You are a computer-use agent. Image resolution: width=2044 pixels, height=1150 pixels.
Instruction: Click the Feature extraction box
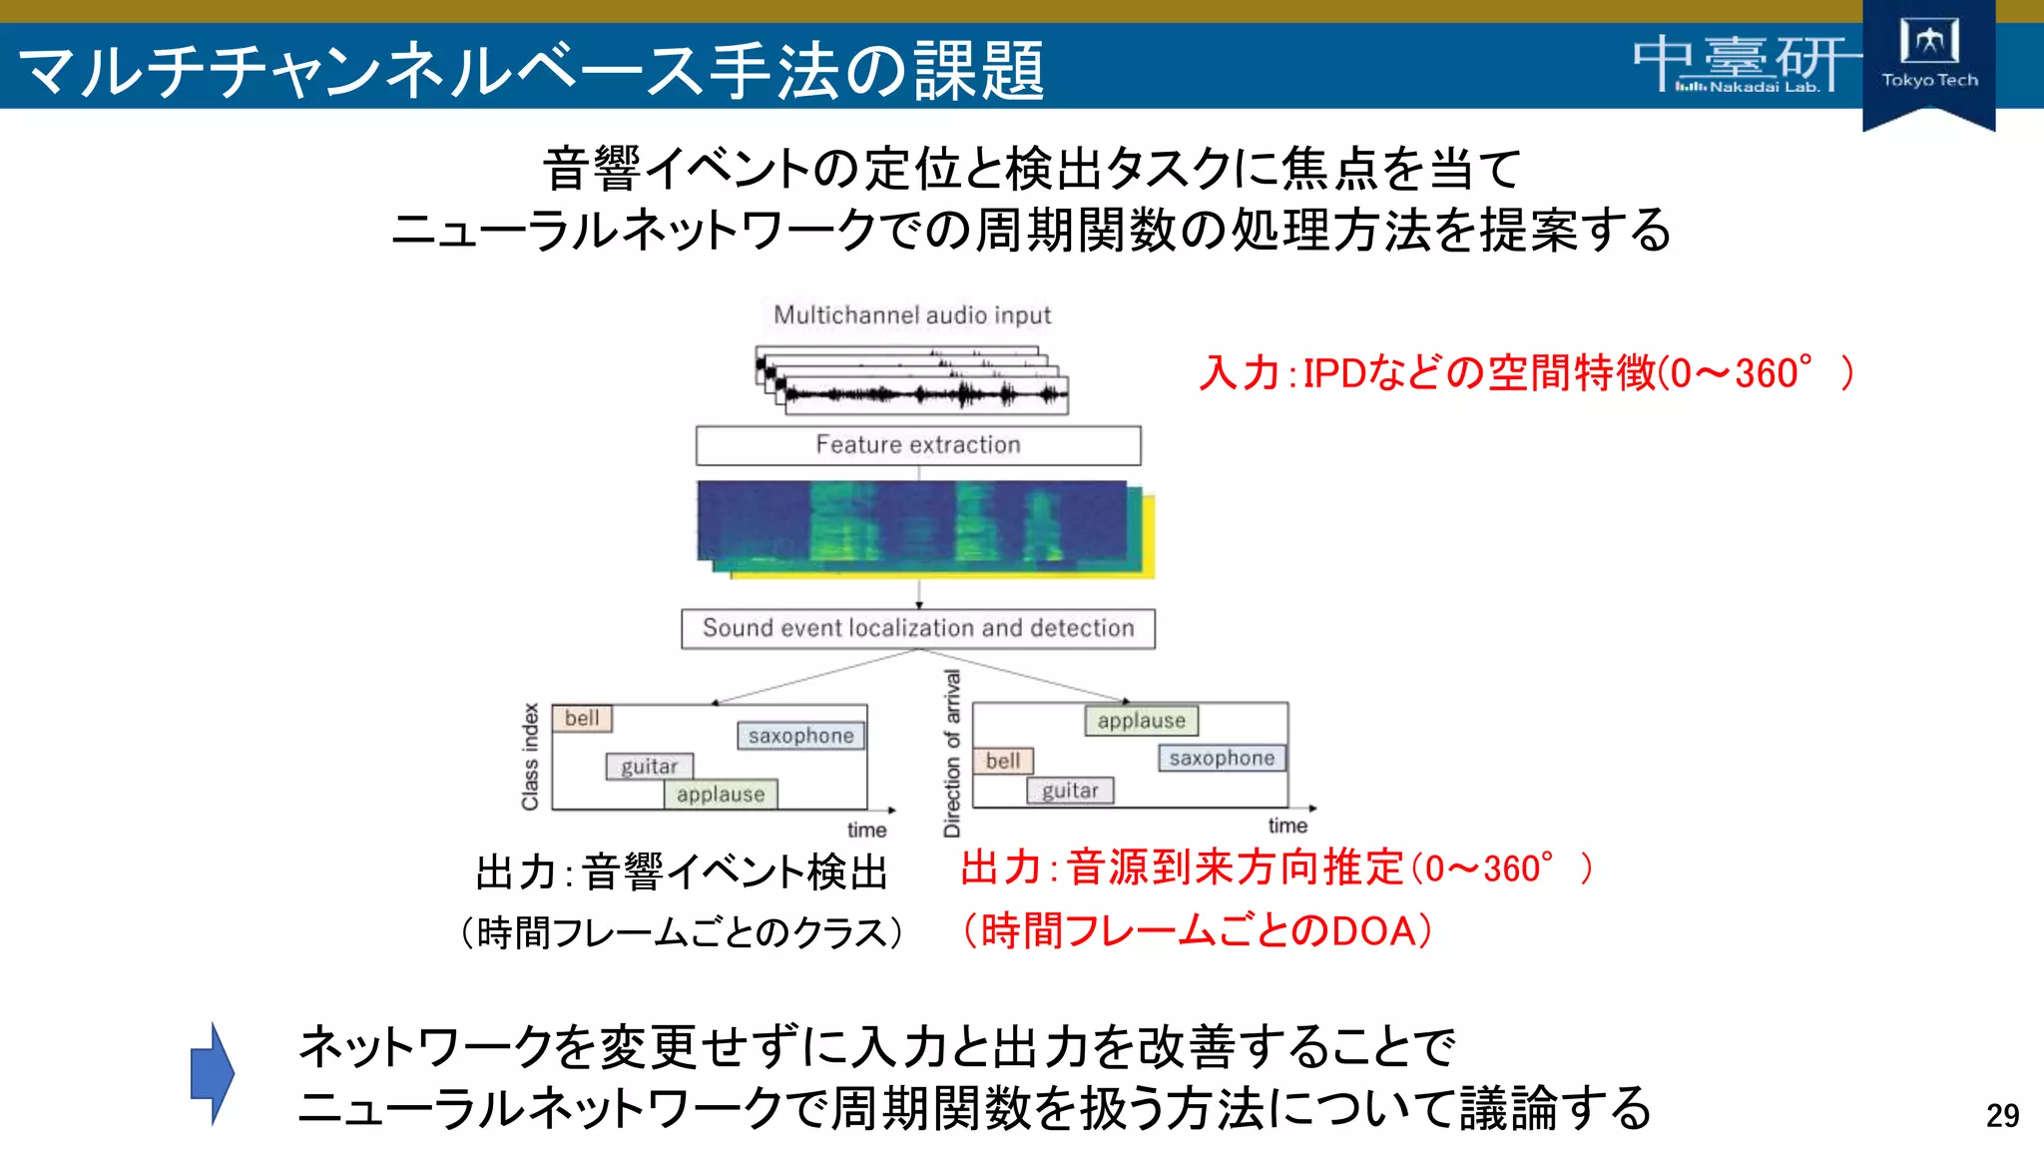coord(918,445)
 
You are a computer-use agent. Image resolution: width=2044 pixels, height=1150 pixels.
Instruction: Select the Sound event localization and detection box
coord(918,629)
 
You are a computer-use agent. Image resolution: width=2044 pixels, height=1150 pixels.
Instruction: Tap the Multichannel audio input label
coord(912,315)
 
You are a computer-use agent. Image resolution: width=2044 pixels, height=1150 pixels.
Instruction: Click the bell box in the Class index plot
coord(582,719)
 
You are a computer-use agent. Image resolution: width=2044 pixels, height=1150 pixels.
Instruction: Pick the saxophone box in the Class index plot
coord(801,736)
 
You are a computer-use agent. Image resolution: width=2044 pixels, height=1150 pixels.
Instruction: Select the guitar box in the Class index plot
coord(649,767)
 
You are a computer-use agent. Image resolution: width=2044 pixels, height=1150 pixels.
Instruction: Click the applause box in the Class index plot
coord(721,795)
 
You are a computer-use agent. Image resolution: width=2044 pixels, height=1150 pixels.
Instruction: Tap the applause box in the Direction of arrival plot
coord(1142,721)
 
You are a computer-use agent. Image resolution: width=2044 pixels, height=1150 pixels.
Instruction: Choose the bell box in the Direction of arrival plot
coord(1003,762)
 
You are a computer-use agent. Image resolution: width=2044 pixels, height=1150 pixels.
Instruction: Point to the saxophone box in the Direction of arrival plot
coord(1222,759)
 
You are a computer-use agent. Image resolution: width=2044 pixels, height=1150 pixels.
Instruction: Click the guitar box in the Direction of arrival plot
coord(1070,791)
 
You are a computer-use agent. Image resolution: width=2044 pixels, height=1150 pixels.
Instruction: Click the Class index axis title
coord(530,756)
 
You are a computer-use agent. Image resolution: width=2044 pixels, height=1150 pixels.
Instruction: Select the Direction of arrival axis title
coord(952,753)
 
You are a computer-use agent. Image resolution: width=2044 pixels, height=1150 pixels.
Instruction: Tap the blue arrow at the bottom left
coord(212,1074)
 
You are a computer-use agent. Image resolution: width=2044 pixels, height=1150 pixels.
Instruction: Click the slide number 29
coord(2002,1115)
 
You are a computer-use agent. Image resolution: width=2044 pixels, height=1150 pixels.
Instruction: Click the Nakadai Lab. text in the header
coord(1764,88)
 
